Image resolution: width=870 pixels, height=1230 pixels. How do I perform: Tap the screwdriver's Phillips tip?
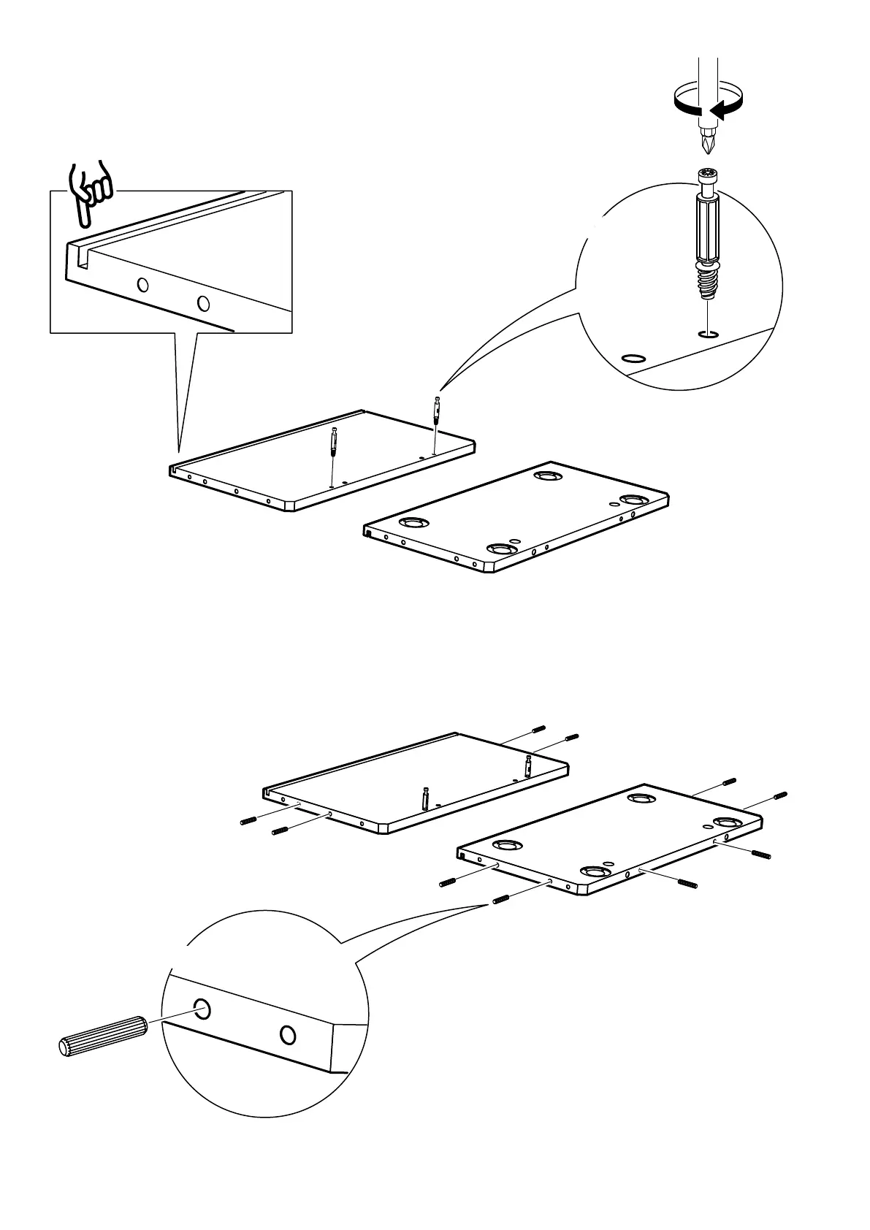coord(706,142)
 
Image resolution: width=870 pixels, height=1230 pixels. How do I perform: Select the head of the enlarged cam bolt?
coord(707,177)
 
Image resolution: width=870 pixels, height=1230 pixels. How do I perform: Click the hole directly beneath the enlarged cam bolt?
coord(706,335)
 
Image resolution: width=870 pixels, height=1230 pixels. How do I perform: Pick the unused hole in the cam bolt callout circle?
coord(632,359)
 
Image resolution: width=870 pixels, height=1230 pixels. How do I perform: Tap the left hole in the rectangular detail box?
coord(143,284)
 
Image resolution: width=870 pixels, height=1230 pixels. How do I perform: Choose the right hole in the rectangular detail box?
coord(203,302)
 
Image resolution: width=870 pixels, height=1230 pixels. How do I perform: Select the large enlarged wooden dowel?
coord(102,1035)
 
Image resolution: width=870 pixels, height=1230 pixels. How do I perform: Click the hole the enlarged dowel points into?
coord(202,1009)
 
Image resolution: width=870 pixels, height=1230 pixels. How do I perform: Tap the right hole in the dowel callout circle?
coord(288,1034)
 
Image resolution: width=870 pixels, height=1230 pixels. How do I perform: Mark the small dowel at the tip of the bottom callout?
coord(501,899)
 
